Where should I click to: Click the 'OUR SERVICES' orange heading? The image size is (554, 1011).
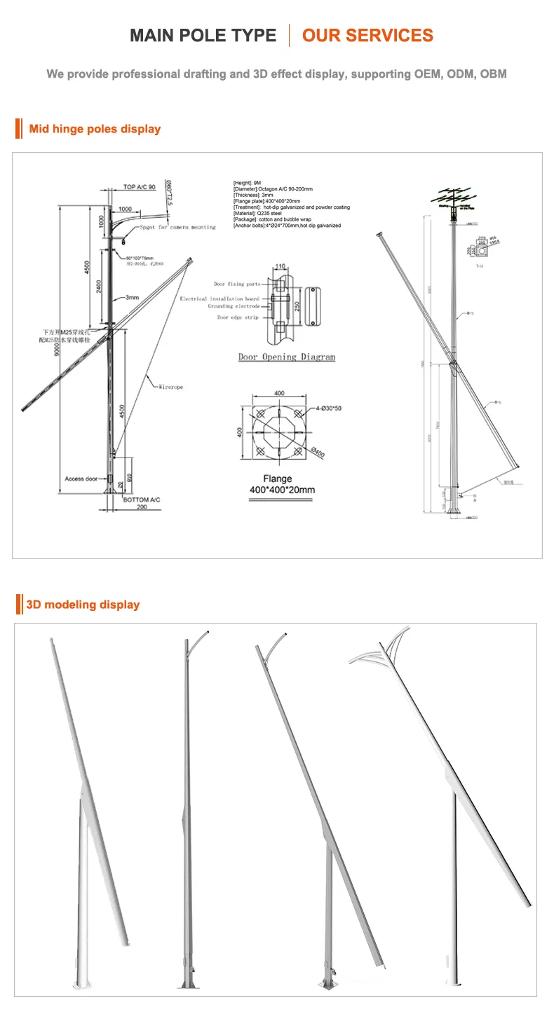pos(367,36)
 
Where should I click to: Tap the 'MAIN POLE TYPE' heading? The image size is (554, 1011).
pos(203,36)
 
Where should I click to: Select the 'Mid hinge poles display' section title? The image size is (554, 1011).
pos(95,129)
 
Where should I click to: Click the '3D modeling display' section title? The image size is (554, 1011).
pos(83,605)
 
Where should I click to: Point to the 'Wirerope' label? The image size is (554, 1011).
pos(170,387)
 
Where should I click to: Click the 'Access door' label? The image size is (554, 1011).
pos(81,479)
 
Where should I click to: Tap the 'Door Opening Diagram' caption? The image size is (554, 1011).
pos(287,357)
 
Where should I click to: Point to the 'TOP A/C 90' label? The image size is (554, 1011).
pos(139,188)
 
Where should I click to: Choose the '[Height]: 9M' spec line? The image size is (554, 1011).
pos(247,182)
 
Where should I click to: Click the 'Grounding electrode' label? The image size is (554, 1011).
pos(234,306)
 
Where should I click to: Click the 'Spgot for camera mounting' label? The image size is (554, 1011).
pos(177,228)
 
